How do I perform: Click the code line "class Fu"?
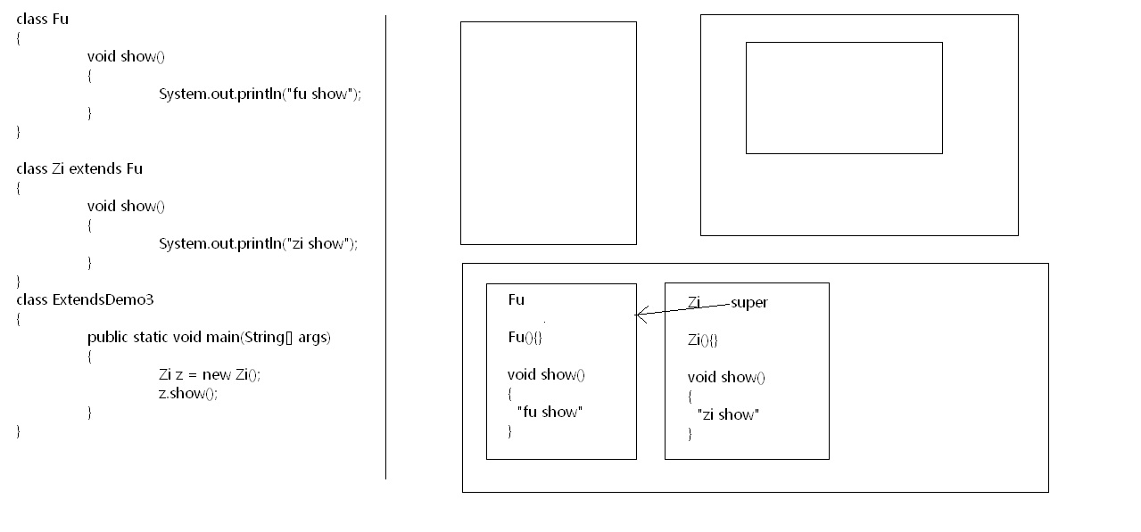[42, 19]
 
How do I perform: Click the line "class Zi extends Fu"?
[79, 168]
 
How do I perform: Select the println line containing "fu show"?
[260, 94]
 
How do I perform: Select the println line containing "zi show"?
[258, 243]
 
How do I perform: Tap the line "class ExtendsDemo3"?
[85, 299]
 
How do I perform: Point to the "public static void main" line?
[209, 337]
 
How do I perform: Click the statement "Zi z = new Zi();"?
[210, 374]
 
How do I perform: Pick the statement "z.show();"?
[187, 393]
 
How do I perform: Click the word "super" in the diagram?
[749, 303]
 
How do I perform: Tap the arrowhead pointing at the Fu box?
[639, 314]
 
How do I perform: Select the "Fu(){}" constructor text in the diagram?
[525, 337]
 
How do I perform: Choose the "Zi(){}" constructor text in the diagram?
[703, 340]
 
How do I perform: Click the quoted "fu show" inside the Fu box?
[549, 412]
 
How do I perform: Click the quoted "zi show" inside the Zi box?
[727, 414]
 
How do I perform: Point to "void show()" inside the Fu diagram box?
[546, 374]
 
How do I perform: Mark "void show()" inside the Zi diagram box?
[726, 377]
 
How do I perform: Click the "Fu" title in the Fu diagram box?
[517, 299]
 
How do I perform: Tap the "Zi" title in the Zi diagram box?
[695, 302]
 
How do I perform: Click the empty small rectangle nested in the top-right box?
[843, 98]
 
